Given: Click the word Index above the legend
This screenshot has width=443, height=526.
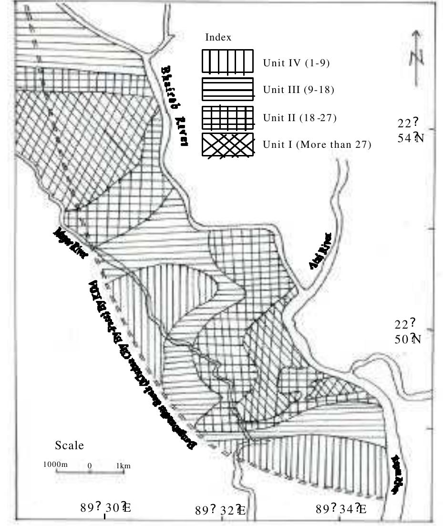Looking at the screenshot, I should point(218,38).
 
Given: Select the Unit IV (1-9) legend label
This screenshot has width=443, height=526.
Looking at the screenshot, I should point(296,63).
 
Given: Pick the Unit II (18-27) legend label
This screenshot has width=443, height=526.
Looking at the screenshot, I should point(300,117).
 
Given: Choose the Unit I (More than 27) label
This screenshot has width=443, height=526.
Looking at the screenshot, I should point(317,144).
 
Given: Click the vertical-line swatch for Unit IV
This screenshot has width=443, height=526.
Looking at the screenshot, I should point(227,62).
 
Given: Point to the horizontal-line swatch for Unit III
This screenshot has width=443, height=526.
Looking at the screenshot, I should point(227,90).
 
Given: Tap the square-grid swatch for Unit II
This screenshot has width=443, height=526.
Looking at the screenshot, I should point(227,117).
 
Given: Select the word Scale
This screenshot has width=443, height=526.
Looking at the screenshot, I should point(69,445).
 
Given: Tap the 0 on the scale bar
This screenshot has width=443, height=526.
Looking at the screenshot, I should point(90,465).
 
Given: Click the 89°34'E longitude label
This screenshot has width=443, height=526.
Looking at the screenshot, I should point(341,509).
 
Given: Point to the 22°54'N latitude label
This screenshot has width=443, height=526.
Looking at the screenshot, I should point(411,131).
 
